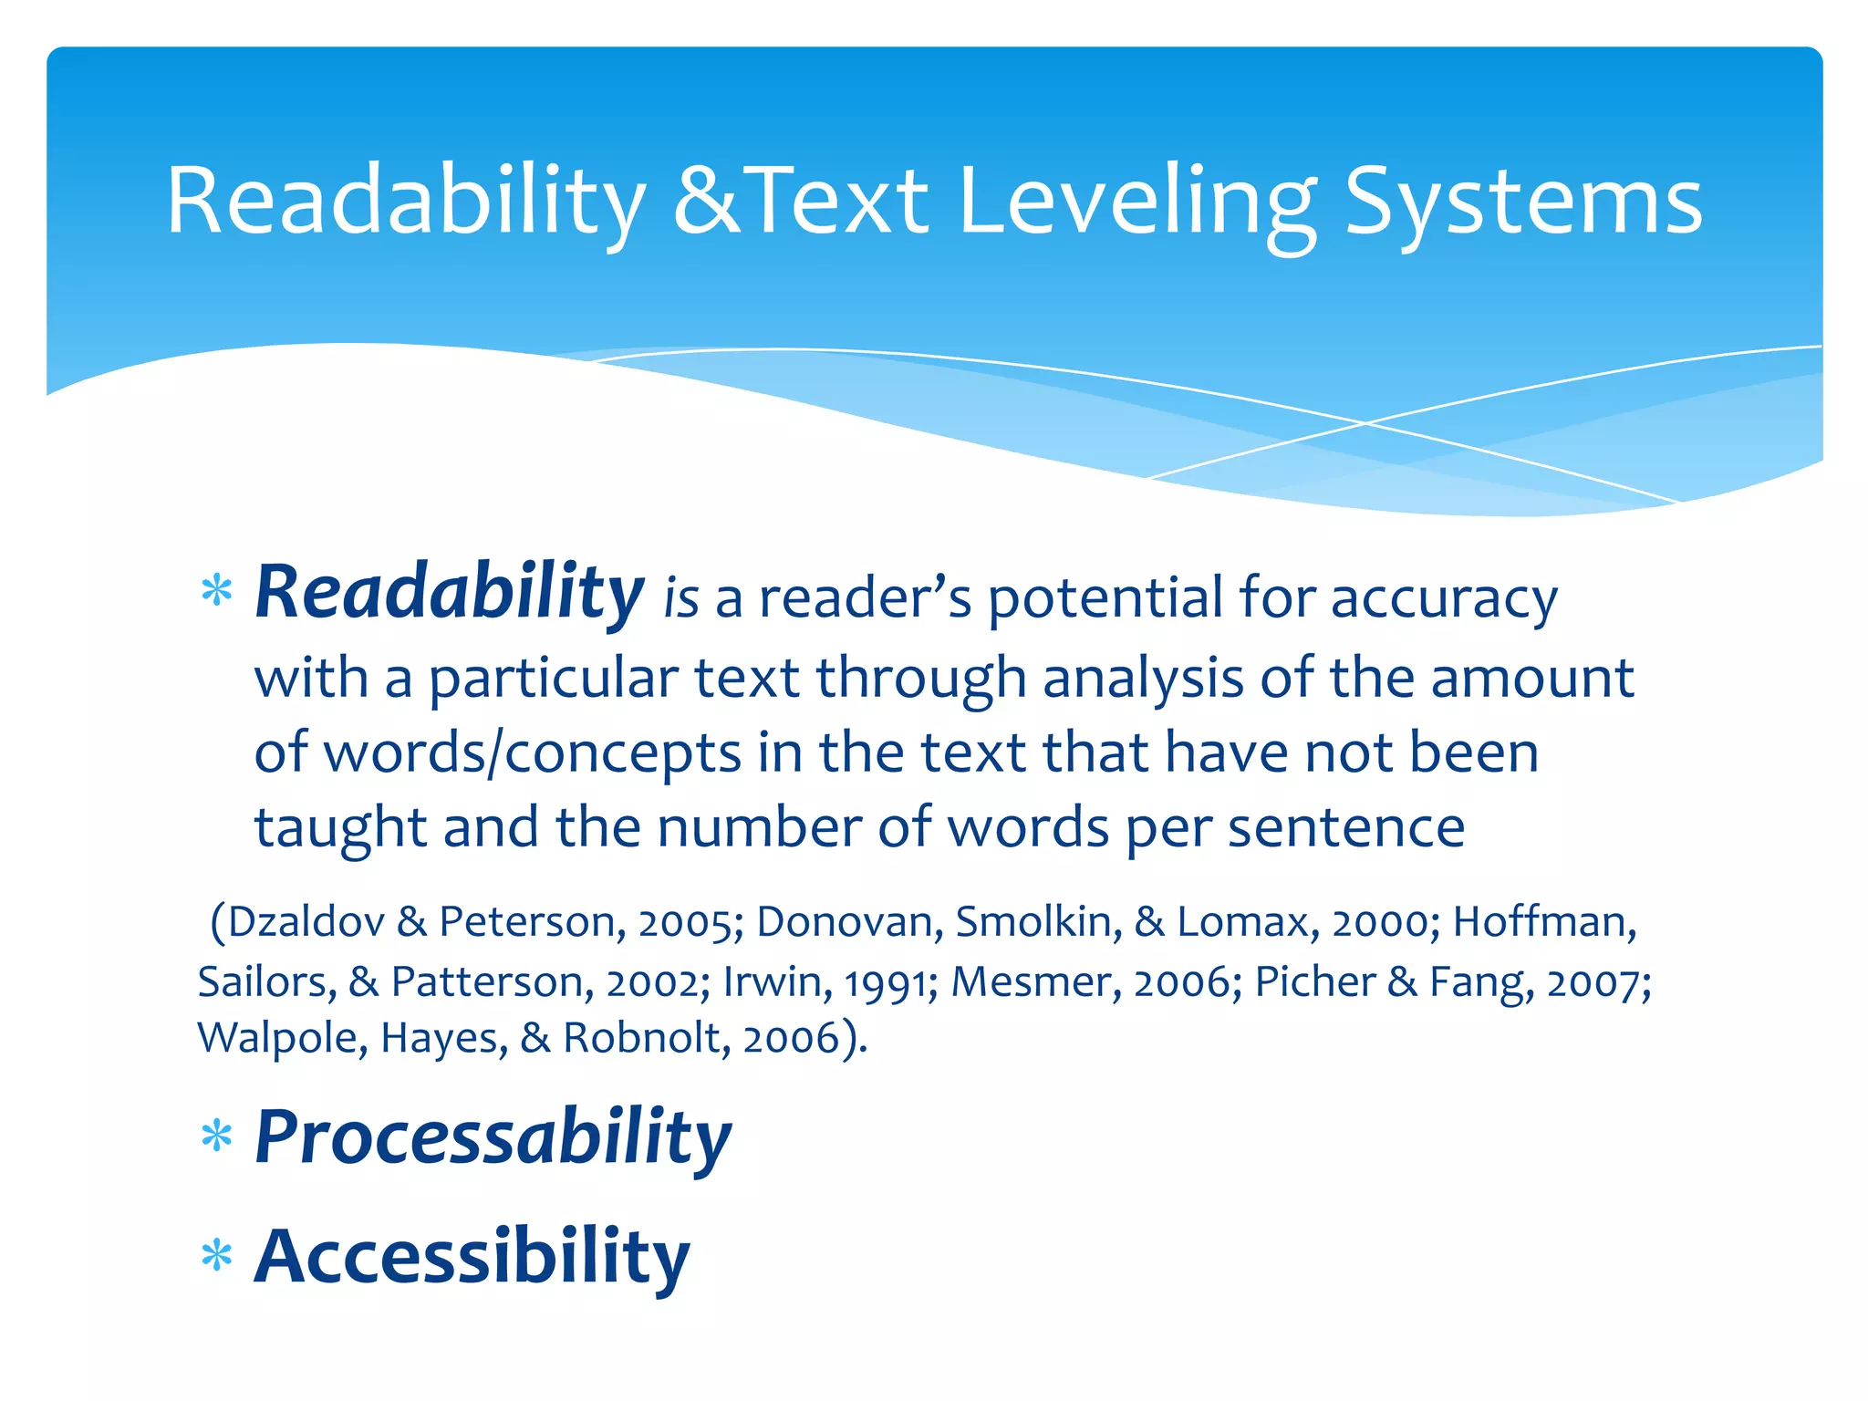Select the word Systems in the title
[x=1522, y=202]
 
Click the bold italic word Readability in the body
[x=449, y=593]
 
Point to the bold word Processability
[x=493, y=1136]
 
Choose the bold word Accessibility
[x=472, y=1257]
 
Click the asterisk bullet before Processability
[x=217, y=1138]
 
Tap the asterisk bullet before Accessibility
[x=217, y=1258]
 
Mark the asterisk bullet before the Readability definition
[x=217, y=593]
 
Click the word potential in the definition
[x=1105, y=598]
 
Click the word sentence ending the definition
[x=1346, y=827]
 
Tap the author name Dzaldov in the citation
[x=306, y=921]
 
